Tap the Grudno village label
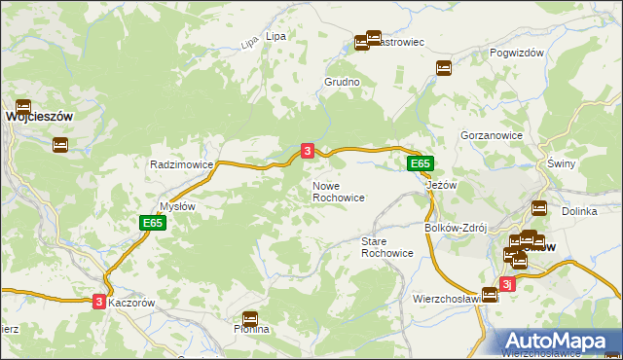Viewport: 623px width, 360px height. coord(342,82)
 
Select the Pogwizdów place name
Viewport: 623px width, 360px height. coord(516,54)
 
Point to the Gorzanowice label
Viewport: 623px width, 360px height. coord(492,135)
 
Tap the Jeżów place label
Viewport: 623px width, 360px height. coord(442,185)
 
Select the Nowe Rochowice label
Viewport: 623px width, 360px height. coord(338,192)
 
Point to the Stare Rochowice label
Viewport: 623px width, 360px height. coord(386,246)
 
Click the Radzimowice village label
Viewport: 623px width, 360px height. coord(181,164)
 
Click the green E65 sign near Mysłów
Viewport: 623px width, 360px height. coord(151,224)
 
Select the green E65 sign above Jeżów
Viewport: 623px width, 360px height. coord(420,163)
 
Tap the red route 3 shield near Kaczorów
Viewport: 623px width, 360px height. coord(98,303)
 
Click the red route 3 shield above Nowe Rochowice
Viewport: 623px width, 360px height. coord(308,151)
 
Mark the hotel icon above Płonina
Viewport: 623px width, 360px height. coord(250,317)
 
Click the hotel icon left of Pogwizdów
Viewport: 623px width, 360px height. coord(444,67)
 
